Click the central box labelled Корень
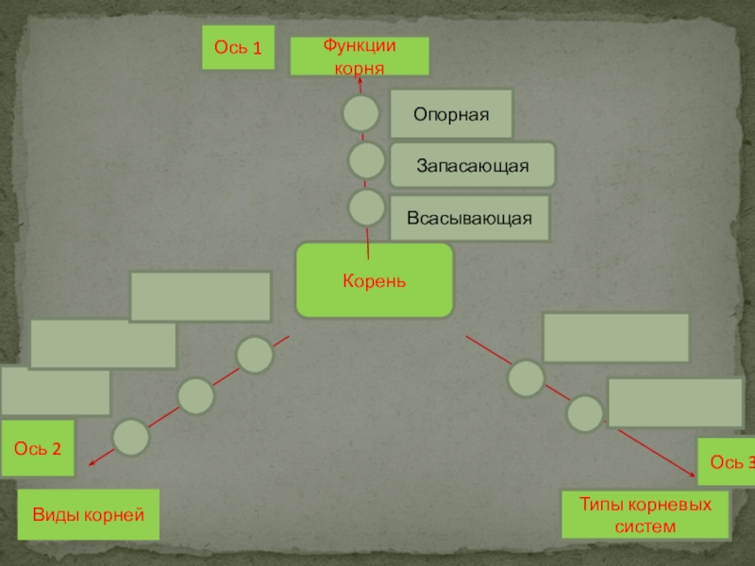click(375, 280)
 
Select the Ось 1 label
click(238, 47)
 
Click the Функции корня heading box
click(359, 57)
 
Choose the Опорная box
click(451, 114)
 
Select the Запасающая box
click(473, 165)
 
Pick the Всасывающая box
click(469, 218)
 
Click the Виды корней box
click(89, 515)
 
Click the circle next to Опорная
click(361, 113)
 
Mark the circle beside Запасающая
click(366, 160)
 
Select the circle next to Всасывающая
click(366, 208)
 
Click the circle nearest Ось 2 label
click(130, 437)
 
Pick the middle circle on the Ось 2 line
click(196, 396)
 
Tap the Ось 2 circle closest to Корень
click(255, 355)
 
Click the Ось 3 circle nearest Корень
click(526, 378)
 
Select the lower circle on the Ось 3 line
click(584, 412)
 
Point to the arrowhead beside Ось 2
click(90, 463)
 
